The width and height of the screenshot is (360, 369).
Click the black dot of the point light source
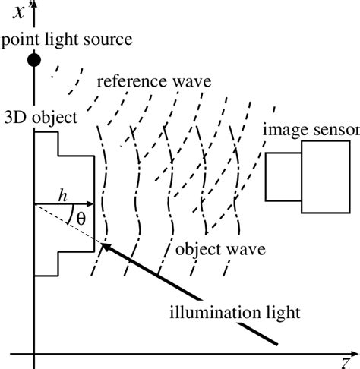pyautogui.click(x=33, y=59)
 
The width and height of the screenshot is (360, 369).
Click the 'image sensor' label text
pyautogui.click(x=311, y=130)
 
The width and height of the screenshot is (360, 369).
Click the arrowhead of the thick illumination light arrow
pyautogui.click(x=106, y=245)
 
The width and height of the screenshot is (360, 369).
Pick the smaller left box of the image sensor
pyautogui.click(x=283, y=177)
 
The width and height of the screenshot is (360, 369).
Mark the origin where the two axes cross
pyautogui.click(x=34, y=354)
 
